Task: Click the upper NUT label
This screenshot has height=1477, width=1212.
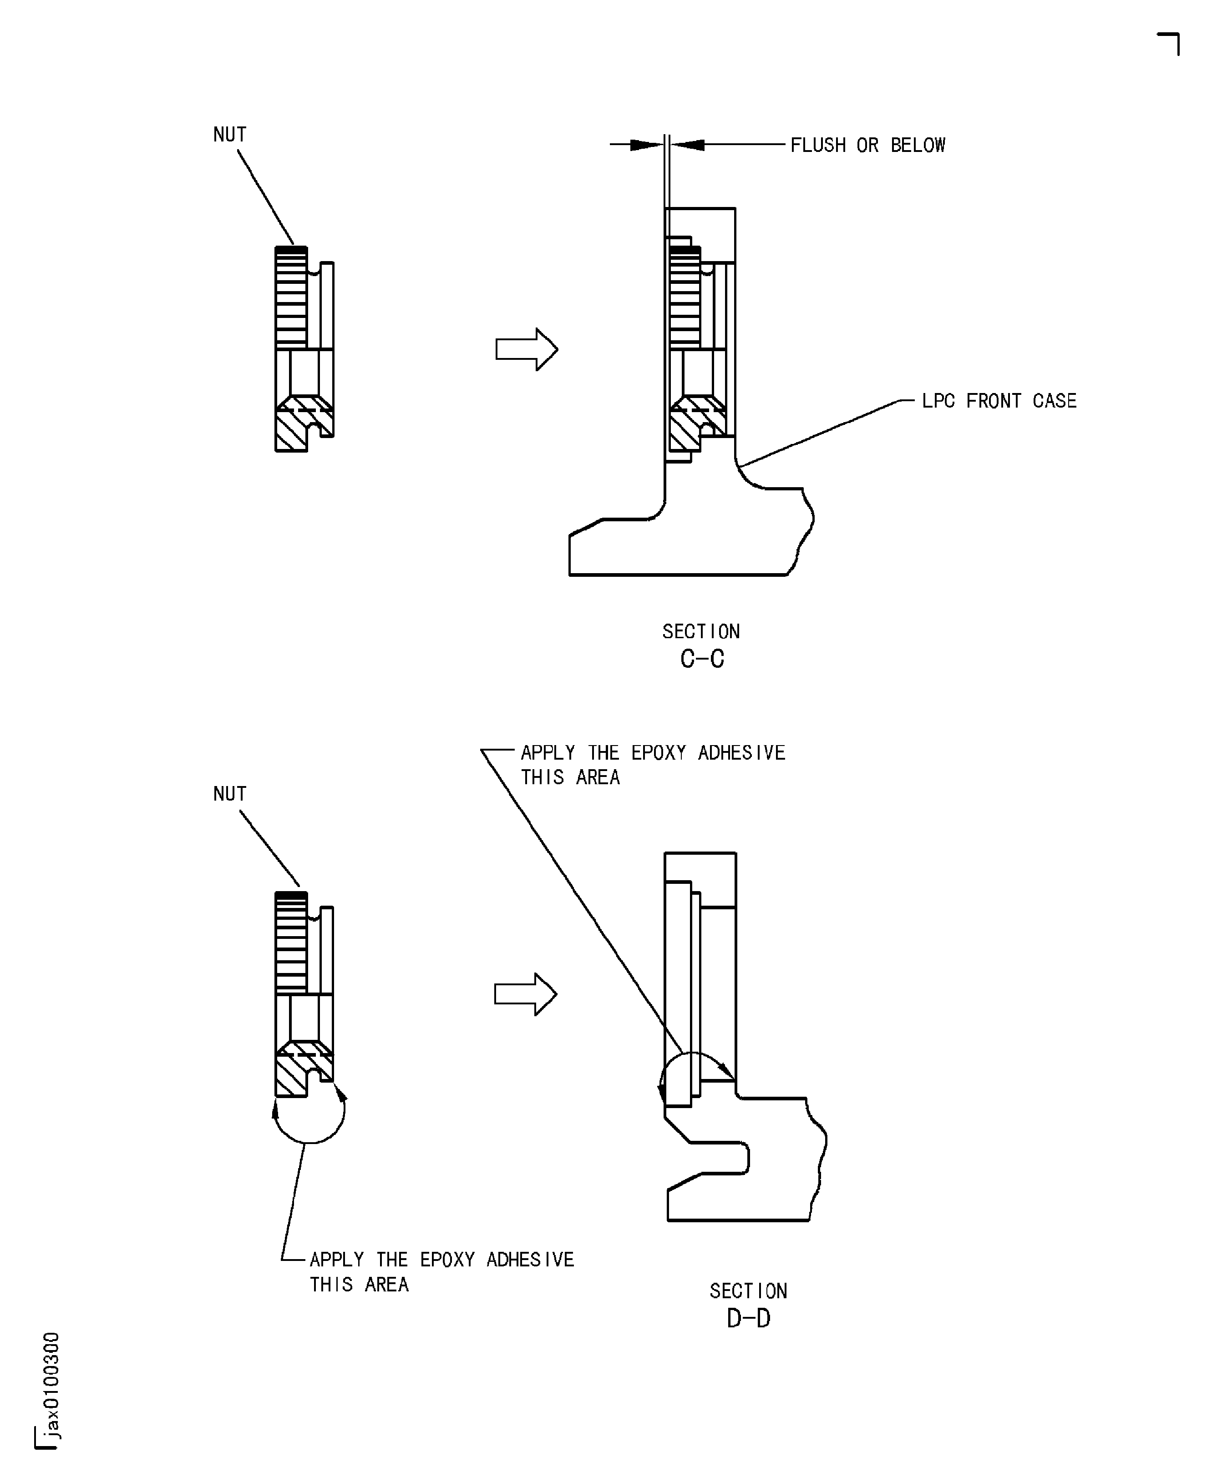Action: tap(230, 135)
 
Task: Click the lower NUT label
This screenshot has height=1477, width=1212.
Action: tap(230, 794)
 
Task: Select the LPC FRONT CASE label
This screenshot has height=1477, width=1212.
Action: tap(999, 400)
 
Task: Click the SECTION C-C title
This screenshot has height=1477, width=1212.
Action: tap(702, 645)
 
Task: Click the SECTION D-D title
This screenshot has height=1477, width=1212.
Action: tap(748, 1305)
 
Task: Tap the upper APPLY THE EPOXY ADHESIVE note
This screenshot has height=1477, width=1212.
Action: tap(652, 765)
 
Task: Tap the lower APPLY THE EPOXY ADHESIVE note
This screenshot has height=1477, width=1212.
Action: tap(441, 1271)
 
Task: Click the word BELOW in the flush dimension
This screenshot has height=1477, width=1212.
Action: tap(918, 145)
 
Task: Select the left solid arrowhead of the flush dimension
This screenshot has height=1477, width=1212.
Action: tap(646, 144)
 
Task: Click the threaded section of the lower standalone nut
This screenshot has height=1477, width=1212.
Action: tap(291, 942)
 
